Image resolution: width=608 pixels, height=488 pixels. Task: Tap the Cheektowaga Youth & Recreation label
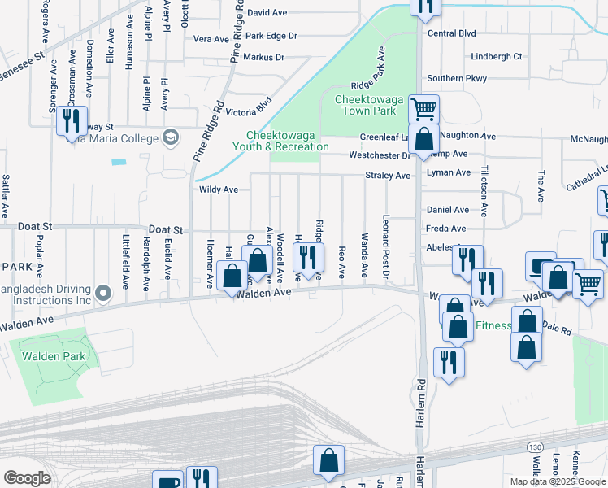[288, 141]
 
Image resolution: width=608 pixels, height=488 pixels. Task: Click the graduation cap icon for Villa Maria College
[170, 137]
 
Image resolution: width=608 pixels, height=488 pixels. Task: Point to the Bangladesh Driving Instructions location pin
[102, 291]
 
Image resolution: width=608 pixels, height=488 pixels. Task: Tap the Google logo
[27, 478]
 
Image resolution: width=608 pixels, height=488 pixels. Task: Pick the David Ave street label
[268, 13]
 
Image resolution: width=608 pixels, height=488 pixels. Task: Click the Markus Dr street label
[263, 58]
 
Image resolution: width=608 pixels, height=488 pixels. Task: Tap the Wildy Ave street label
[219, 190]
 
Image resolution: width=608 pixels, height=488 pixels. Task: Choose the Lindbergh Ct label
[497, 57]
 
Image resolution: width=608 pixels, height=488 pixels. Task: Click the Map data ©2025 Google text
[558, 481]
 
